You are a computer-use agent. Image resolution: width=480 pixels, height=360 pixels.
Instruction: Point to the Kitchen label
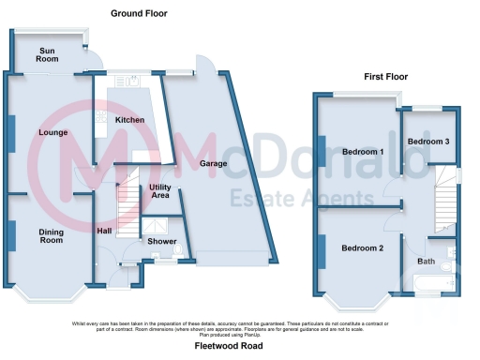(129, 121)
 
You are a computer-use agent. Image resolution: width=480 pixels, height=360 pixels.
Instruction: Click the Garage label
(217, 163)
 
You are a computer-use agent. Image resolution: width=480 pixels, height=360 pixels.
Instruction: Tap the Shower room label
(161, 241)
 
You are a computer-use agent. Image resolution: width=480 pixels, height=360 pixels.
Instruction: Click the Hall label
(105, 231)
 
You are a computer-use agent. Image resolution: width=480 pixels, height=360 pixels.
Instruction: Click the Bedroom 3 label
(427, 142)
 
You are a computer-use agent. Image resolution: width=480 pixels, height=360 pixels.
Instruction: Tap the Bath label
(427, 262)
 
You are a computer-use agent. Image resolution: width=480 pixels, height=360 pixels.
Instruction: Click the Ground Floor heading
(139, 13)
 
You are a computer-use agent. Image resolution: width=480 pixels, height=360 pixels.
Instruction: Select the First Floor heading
(388, 74)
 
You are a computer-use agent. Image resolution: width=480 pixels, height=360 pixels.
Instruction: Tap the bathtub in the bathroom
(432, 286)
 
